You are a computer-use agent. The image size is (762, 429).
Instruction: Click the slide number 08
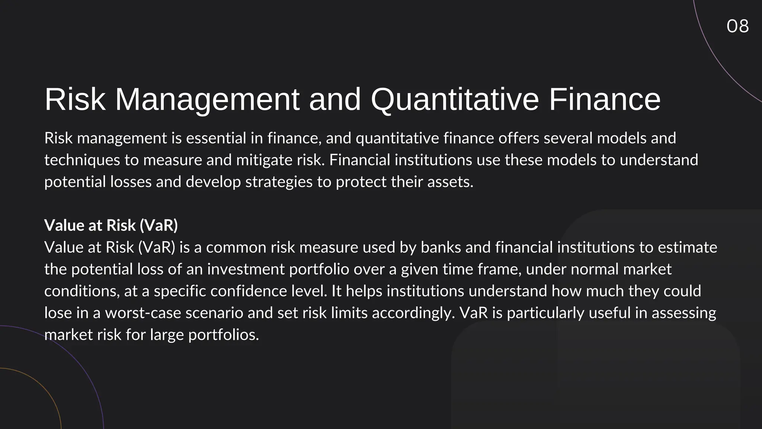tap(737, 26)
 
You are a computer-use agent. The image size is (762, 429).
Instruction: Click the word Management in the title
tap(207, 99)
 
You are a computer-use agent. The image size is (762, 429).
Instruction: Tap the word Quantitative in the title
tap(455, 99)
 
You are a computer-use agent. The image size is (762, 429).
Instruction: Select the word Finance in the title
tap(605, 99)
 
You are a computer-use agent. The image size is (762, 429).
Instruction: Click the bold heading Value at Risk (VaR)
tap(111, 225)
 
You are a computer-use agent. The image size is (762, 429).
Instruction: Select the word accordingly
tap(413, 313)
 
